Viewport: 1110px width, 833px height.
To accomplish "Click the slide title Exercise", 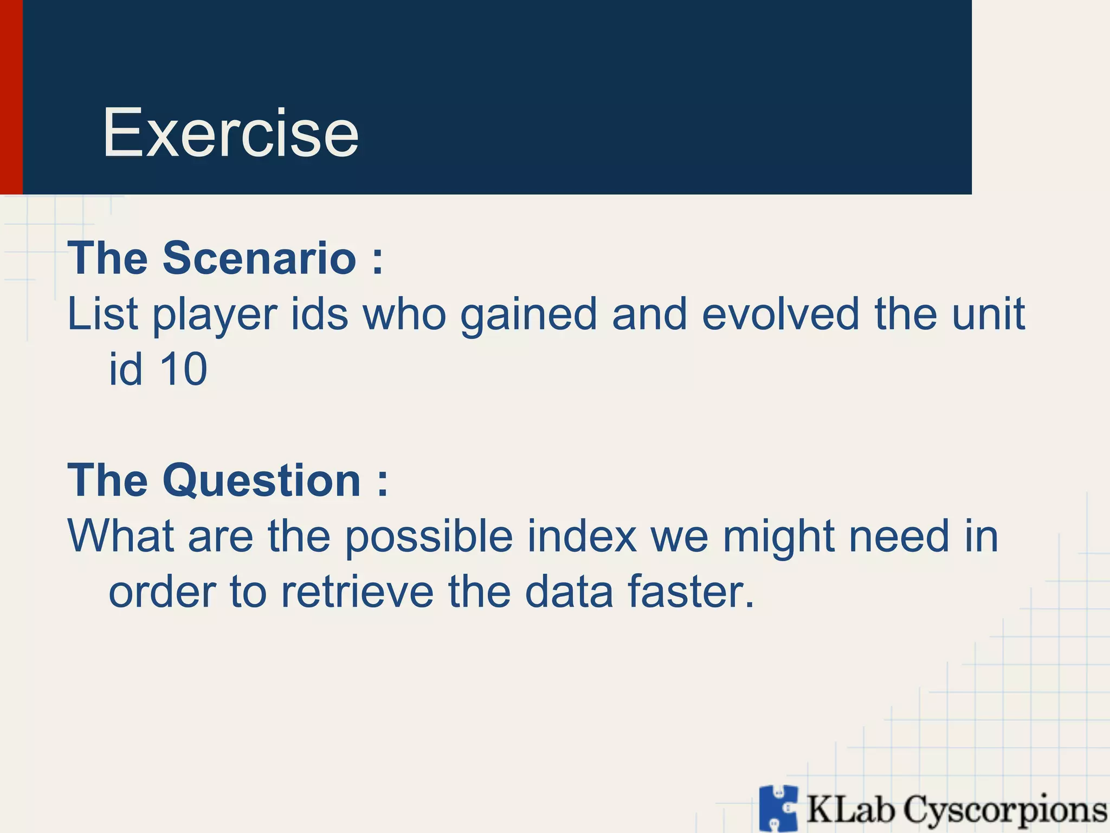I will tap(230, 133).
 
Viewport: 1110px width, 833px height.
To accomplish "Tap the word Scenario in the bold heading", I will tap(259, 258).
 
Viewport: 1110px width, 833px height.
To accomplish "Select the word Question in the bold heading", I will tap(261, 480).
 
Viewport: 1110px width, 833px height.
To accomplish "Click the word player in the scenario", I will tap(215, 316).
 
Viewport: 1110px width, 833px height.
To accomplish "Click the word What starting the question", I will tap(121, 536).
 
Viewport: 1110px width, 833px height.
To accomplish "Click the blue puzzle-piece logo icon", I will tap(778, 808).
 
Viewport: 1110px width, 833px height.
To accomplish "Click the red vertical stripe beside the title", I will tap(11, 97).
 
